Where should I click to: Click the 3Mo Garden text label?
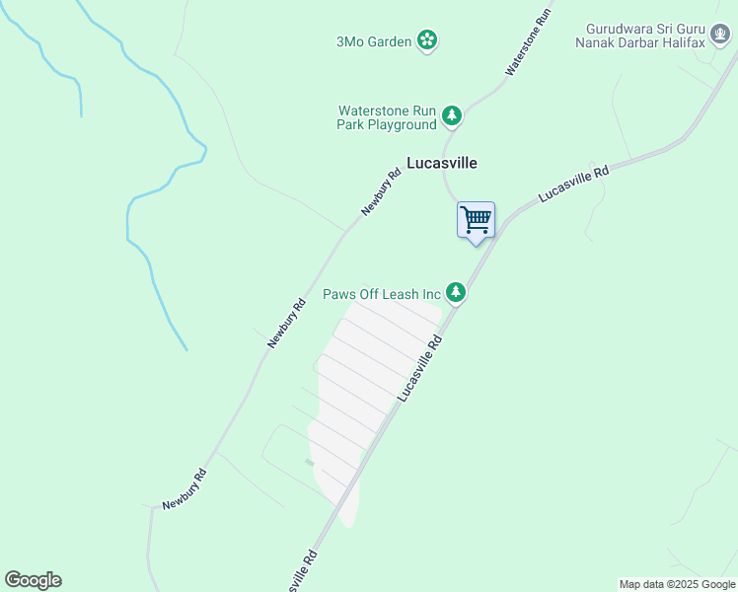pos(374,40)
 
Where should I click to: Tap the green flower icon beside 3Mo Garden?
pos(427,40)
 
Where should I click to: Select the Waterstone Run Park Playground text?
pos(387,117)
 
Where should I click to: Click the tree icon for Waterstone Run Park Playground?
pos(452,116)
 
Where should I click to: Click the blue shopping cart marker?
pos(476,220)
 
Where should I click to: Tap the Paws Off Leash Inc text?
pos(381,294)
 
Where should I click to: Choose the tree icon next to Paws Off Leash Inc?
pos(455,292)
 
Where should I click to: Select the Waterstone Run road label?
pos(528,44)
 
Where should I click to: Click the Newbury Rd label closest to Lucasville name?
pos(381,192)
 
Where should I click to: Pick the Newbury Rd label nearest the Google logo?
pos(184,488)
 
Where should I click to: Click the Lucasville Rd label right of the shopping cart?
pos(573,185)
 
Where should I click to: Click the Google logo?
pos(33,580)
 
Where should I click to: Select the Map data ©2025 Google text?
pos(678,584)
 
